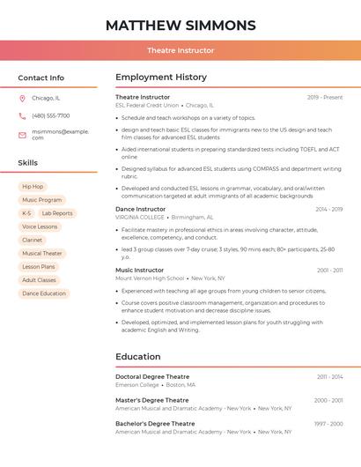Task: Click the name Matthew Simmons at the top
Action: coord(180,25)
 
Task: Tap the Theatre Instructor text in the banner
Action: coord(180,50)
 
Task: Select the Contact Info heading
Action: coord(41,78)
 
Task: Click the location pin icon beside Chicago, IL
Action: coord(22,98)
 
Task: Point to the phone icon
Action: coord(22,115)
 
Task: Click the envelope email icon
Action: coord(22,135)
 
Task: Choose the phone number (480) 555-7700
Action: coord(50,115)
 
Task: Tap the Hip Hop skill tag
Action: coord(33,187)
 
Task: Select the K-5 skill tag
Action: coord(26,213)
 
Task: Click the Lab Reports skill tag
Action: coord(57,213)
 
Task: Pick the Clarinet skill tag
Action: coord(32,240)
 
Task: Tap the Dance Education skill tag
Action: coord(44,293)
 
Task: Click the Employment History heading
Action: coord(160,78)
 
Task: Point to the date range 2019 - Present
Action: coord(325,97)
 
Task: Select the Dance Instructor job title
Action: coord(140,209)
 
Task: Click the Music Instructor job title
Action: coord(139,270)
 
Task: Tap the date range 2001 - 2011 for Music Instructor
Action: coord(329,270)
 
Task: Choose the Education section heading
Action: coord(137,357)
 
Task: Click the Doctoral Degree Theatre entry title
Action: coord(152,376)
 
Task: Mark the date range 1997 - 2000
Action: coord(328,424)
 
